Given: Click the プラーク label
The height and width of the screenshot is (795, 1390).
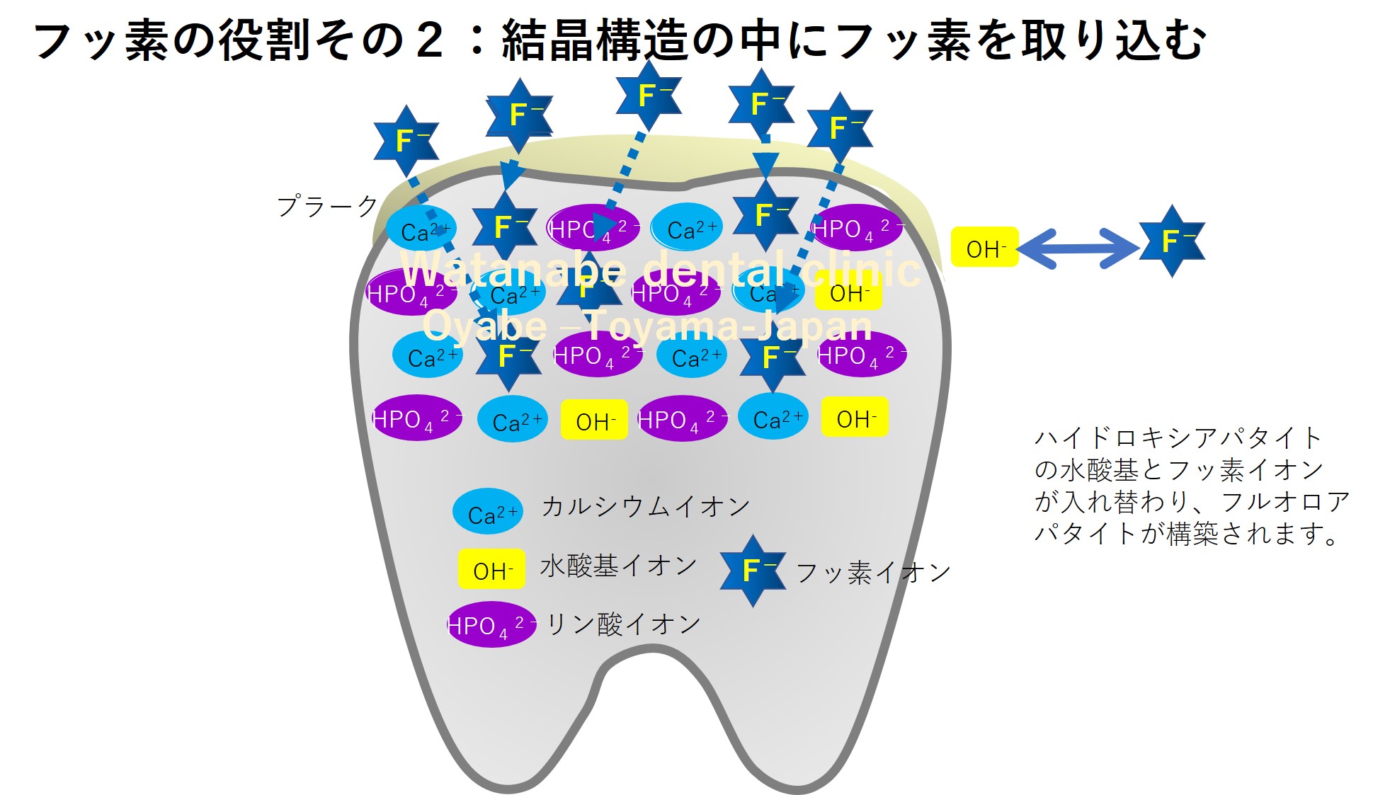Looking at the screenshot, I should point(327,206).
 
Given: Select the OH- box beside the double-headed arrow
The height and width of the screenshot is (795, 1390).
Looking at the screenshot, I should point(984,248).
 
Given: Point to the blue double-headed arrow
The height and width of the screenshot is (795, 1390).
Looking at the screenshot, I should point(1078,248).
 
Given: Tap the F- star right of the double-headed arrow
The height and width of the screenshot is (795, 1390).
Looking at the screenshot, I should point(1172,241).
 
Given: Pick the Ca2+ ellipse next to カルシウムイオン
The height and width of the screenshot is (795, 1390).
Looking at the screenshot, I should point(488,511).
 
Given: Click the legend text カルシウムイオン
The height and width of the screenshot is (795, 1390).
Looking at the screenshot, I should point(645,507).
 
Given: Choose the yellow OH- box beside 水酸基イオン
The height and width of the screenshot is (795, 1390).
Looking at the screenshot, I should point(491,569).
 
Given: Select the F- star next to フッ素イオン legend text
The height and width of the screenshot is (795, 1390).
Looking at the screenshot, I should point(753,571).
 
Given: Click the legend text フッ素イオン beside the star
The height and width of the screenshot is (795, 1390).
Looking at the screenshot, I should point(873,572).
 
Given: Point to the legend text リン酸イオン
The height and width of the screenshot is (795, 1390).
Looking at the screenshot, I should point(624,624).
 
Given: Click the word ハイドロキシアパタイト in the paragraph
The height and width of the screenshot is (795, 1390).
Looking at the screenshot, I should point(1177,437).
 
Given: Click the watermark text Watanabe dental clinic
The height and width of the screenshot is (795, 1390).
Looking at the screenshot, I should point(661,269).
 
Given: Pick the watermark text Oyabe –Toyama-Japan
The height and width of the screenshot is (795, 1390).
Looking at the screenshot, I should point(647,326).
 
